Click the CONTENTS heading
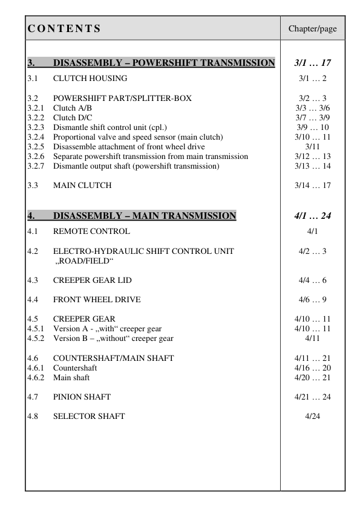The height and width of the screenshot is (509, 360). point(64,28)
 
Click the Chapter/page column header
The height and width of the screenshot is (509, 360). point(312,28)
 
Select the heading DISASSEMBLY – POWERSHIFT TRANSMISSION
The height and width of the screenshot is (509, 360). point(164,62)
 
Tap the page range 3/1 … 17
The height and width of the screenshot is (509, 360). point(312,62)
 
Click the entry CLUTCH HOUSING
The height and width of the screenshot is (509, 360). point(90,78)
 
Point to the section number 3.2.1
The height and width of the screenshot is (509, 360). point(36,108)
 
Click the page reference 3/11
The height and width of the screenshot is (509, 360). point(312,146)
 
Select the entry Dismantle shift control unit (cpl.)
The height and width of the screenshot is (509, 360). point(110,127)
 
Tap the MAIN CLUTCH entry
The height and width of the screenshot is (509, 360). point(82,185)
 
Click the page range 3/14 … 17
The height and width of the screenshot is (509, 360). point(312,185)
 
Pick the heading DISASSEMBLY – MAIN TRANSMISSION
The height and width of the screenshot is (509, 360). point(145,216)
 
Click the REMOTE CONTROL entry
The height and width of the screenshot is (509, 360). point(91,231)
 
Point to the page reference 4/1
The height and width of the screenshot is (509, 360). point(312,231)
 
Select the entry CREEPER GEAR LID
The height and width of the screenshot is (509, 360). point(93,280)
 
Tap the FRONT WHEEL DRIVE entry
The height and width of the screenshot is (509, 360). point(97,299)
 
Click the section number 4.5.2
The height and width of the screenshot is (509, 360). point(36,339)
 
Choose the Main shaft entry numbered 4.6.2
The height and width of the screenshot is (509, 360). point(71,377)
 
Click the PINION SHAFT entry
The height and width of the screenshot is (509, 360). point(82,397)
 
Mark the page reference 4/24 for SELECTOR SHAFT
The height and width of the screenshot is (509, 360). point(312,416)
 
